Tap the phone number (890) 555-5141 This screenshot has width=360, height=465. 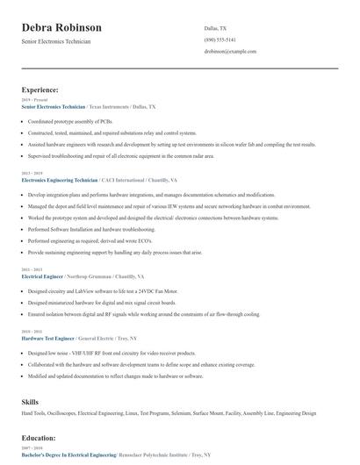pyautogui.click(x=220, y=39)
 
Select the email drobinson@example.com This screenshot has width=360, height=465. pyautogui.click(x=230, y=52)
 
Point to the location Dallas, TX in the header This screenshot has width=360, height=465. pyautogui.click(x=216, y=27)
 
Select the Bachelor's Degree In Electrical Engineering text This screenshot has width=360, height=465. pyautogui.click(x=68, y=455)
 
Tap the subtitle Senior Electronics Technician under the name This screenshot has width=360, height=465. pyautogui.click(x=56, y=41)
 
